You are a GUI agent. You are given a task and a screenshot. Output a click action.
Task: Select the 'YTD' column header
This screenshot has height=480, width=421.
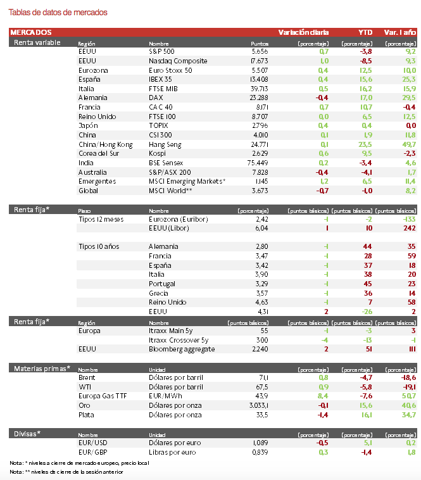pyautogui.click(x=365, y=32)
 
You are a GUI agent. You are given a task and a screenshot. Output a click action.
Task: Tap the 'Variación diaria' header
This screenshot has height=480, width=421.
pyautogui.click(x=303, y=32)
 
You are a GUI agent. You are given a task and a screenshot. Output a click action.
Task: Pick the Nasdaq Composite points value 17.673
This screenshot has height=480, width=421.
pyautogui.click(x=260, y=61)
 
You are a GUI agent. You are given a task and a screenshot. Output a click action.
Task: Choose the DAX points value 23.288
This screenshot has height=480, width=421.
pyautogui.click(x=260, y=98)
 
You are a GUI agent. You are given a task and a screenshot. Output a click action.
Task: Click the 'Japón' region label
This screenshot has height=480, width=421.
pyautogui.click(x=88, y=126)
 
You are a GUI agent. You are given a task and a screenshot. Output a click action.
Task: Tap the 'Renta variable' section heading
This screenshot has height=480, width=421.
pyautogui.click(x=37, y=42)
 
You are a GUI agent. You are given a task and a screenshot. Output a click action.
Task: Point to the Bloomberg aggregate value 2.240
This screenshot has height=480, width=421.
pyautogui.click(x=260, y=349)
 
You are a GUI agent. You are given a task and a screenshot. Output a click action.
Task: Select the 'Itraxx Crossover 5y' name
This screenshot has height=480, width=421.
pyautogui.click(x=179, y=340)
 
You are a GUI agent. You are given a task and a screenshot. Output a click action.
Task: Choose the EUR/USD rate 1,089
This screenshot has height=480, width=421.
pyautogui.click(x=260, y=443)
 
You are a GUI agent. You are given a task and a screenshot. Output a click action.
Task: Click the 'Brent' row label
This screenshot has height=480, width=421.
pyautogui.click(x=86, y=377)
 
